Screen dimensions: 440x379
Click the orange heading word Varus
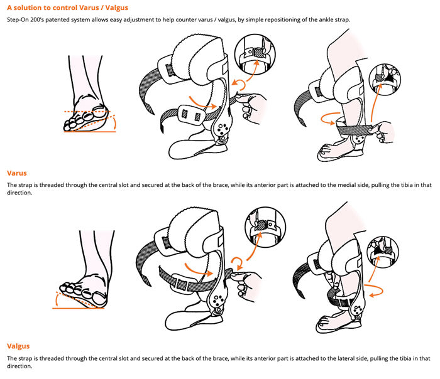17,173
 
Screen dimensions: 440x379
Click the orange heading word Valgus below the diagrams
18,346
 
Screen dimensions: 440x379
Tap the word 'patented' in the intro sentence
57,20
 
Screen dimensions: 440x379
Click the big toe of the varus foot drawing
99,110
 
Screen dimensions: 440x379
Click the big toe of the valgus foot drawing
99,298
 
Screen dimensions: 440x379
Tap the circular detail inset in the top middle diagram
255,54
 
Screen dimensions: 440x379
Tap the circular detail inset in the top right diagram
385,79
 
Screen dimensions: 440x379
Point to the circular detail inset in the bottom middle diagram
265,227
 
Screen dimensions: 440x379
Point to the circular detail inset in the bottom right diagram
382,252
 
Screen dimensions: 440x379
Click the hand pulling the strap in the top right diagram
382,132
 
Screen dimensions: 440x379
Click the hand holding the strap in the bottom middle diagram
246,285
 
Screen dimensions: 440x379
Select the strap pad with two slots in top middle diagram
192,114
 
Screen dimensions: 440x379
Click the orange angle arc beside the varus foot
114,124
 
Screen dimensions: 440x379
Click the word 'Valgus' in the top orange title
116,8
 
